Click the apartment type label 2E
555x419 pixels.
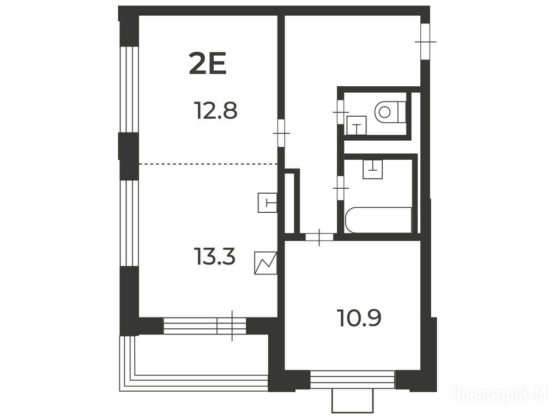[x=207, y=63]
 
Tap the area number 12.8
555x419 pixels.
[x=215, y=110]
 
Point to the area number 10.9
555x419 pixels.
[x=360, y=318]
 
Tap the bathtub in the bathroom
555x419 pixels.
[x=378, y=220]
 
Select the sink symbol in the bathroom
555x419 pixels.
[x=373, y=169]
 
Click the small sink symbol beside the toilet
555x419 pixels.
[x=357, y=125]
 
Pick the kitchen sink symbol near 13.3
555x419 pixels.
[x=268, y=202]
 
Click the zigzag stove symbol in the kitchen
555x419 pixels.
[x=266, y=263]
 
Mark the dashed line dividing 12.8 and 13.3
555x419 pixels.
[x=208, y=164]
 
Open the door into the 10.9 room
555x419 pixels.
[x=319, y=237]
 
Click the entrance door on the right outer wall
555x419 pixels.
[x=425, y=42]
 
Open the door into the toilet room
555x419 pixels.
[x=341, y=112]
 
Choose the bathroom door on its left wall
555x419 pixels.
[x=341, y=188]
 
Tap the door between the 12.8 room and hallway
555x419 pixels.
[x=281, y=133]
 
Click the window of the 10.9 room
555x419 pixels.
[x=353, y=380]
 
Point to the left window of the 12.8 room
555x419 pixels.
[x=129, y=89]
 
